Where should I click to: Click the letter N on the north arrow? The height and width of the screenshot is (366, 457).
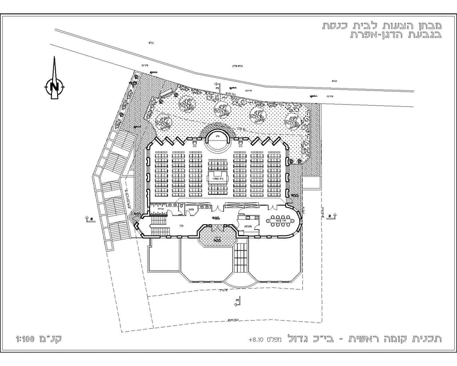[x=54, y=87]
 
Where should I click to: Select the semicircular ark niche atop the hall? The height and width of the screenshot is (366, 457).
[x=217, y=137]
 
